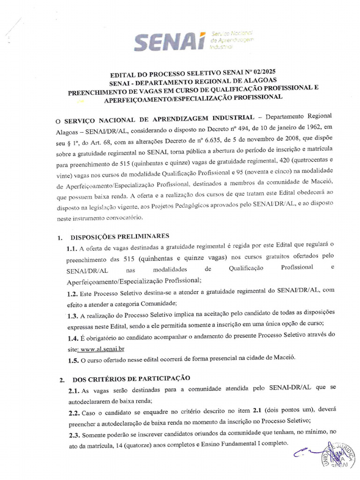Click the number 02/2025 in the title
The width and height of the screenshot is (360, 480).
[x=262, y=72]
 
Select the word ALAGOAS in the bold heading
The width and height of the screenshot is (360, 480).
[x=258, y=81]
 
